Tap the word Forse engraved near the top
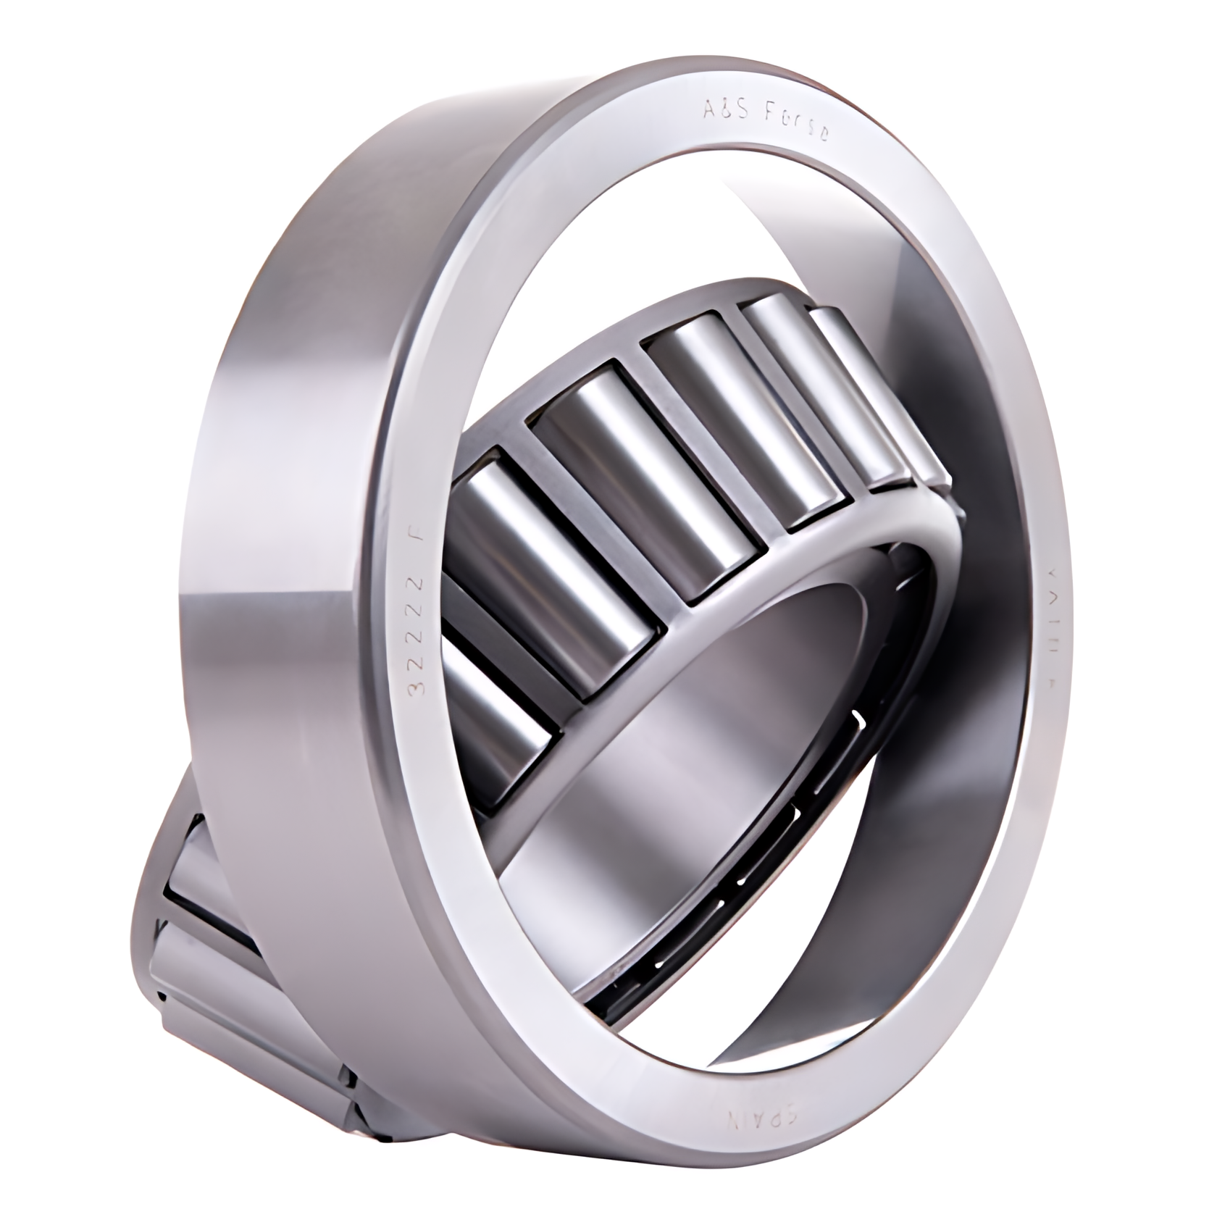pyautogui.click(x=796, y=126)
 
